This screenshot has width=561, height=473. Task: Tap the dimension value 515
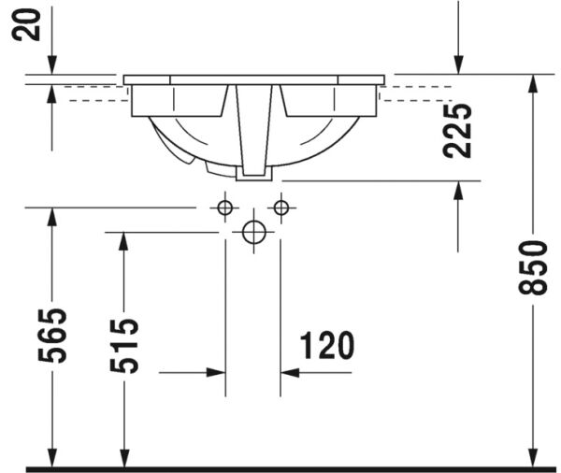(x=124, y=345)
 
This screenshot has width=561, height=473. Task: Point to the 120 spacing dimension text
(x=327, y=346)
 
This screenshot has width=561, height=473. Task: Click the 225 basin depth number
(x=458, y=130)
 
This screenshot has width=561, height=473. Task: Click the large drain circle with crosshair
(x=253, y=233)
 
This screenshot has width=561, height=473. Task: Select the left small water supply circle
(x=225, y=208)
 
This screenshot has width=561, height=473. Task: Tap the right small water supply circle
(x=280, y=208)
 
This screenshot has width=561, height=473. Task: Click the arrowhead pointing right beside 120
(x=215, y=372)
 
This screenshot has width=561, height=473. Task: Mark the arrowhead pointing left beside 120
(x=291, y=372)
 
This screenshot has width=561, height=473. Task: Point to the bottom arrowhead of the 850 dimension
(x=532, y=457)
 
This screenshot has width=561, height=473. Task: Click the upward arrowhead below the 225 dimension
(x=458, y=190)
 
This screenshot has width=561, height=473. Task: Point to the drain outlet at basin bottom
(x=253, y=171)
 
